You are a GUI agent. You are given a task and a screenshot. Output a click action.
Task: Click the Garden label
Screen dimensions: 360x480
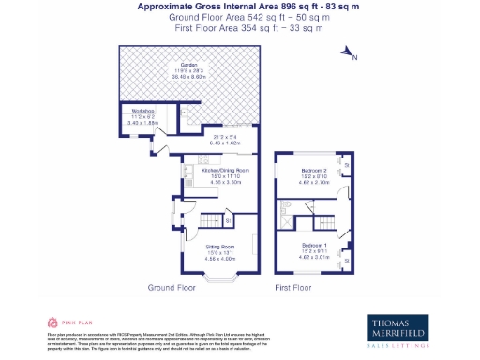(176, 65)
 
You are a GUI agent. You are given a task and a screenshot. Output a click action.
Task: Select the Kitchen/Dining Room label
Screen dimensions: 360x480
(225, 170)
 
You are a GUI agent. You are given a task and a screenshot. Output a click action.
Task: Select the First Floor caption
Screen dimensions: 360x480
(292, 287)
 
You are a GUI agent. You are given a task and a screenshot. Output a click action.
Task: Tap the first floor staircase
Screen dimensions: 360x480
(323, 221)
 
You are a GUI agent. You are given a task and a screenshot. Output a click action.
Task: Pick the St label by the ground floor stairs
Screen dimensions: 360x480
(229, 220)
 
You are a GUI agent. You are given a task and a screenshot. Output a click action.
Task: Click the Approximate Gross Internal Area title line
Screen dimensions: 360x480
(241, 6)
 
